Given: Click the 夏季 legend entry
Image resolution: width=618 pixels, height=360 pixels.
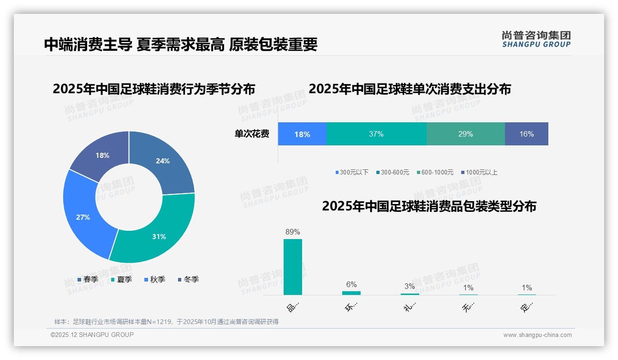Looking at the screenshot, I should point(122,279).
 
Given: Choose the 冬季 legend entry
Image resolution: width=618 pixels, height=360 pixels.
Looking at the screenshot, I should point(189,279).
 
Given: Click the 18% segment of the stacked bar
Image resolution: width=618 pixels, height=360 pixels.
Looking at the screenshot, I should point(302,134).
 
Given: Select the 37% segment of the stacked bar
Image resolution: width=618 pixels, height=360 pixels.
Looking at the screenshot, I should point(376,134).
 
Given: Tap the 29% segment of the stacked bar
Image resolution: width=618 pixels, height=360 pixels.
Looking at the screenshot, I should point(465,134).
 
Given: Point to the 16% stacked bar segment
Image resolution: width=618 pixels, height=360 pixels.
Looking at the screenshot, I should point(526,134).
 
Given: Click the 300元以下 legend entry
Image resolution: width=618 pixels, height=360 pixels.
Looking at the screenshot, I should point(352,172).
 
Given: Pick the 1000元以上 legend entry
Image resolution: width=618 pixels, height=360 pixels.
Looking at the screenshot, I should point(479,172).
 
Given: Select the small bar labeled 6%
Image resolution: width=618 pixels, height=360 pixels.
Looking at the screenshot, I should point(351,293).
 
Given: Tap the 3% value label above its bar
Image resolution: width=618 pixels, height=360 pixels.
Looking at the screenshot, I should point(410,286).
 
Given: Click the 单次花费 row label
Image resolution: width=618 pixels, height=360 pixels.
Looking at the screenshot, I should point(252,134).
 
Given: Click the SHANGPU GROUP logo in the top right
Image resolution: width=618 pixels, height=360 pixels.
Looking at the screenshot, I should point(536,39).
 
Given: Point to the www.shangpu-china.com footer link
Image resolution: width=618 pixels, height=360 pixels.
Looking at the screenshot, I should point(537,335).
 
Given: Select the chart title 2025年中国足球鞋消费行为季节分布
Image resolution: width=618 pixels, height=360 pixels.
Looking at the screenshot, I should point(154,89).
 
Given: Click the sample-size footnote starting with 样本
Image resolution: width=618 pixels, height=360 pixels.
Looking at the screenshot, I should point(166,322).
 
